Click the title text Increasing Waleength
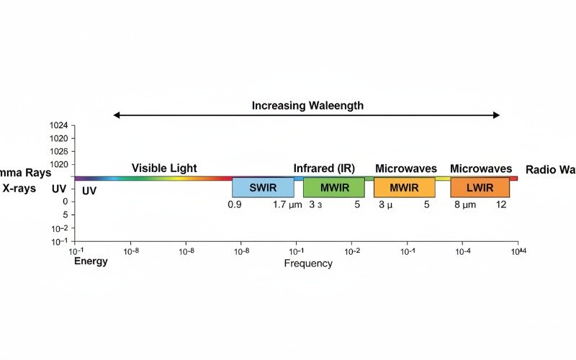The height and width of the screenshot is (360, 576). (307, 105)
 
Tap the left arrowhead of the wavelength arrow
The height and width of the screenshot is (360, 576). (116, 115)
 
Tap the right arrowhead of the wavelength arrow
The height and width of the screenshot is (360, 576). (498, 115)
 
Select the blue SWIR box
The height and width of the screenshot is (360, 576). (263, 188)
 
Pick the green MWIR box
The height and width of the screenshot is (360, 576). (333, 188)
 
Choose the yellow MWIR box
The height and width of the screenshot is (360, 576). (404, 188)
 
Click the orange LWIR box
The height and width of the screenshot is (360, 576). (480, 188)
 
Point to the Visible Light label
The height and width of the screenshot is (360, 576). (164, 168)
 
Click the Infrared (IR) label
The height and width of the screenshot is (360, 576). (324, 168)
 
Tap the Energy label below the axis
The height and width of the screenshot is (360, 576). (91, 261)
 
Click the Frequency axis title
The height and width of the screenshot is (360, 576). (308, 264)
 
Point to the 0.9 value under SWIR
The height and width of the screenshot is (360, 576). (235, 205)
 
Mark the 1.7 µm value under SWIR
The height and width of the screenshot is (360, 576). (287, 205)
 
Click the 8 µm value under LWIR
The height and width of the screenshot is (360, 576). (465, 205)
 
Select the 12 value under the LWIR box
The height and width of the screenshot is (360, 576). (502, 205)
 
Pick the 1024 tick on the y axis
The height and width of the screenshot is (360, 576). (58, 126)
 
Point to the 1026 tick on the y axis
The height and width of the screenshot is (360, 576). (58, 152)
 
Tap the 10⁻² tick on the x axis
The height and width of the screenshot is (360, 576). (352, 251)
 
